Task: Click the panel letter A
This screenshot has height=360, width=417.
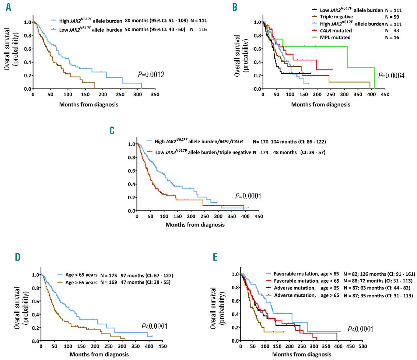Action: (8, 7)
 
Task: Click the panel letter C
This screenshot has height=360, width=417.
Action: (112, 130)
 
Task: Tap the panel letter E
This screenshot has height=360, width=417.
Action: (215, 257)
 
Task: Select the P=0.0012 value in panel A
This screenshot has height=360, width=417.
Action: (151, 75)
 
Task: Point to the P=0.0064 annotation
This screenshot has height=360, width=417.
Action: (391, 76)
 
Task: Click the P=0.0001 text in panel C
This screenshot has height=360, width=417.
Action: (248, 196)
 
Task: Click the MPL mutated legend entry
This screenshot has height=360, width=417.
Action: (335, 37)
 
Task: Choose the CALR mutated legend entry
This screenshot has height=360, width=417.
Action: (336, 31)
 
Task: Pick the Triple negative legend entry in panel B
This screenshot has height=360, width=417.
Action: (336, 17)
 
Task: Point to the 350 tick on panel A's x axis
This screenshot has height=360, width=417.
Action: (155, 95)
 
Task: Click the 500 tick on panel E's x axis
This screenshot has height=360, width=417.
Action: (363, 346)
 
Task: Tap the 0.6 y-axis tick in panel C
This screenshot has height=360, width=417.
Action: (132, 171)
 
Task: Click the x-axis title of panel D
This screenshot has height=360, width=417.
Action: (99, 354)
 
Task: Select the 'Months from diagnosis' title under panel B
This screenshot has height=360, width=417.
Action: (321, 104)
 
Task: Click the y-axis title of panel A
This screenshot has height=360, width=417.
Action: (11, 49)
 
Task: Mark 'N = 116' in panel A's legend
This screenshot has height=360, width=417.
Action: (198, 29)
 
